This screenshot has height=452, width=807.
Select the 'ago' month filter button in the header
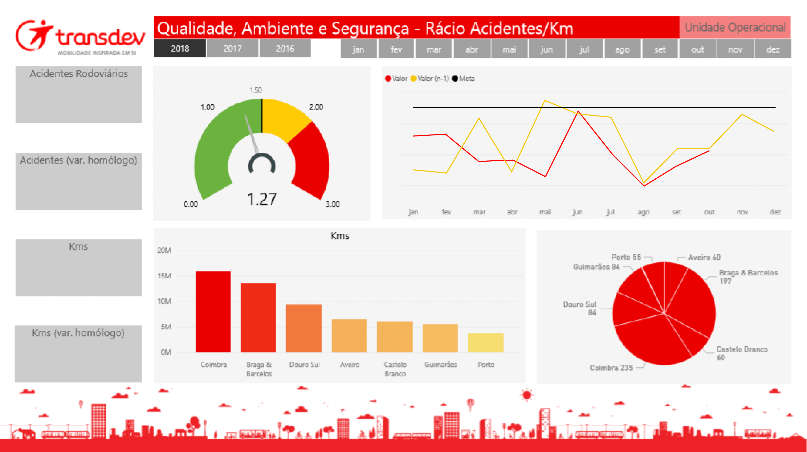622,49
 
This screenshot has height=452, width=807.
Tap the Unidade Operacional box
735,28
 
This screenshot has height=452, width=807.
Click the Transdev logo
80,37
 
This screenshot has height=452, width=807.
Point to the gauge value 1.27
262,199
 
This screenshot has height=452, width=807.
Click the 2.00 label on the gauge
316,107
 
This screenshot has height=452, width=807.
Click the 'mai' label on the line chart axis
545,212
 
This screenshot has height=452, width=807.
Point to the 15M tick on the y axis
164,276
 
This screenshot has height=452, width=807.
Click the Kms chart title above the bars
340,236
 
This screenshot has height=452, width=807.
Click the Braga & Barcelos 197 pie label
748,276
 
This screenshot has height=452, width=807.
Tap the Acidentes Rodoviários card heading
79,74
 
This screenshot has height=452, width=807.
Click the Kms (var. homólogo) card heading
78,333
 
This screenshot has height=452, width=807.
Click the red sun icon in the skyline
527,395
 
